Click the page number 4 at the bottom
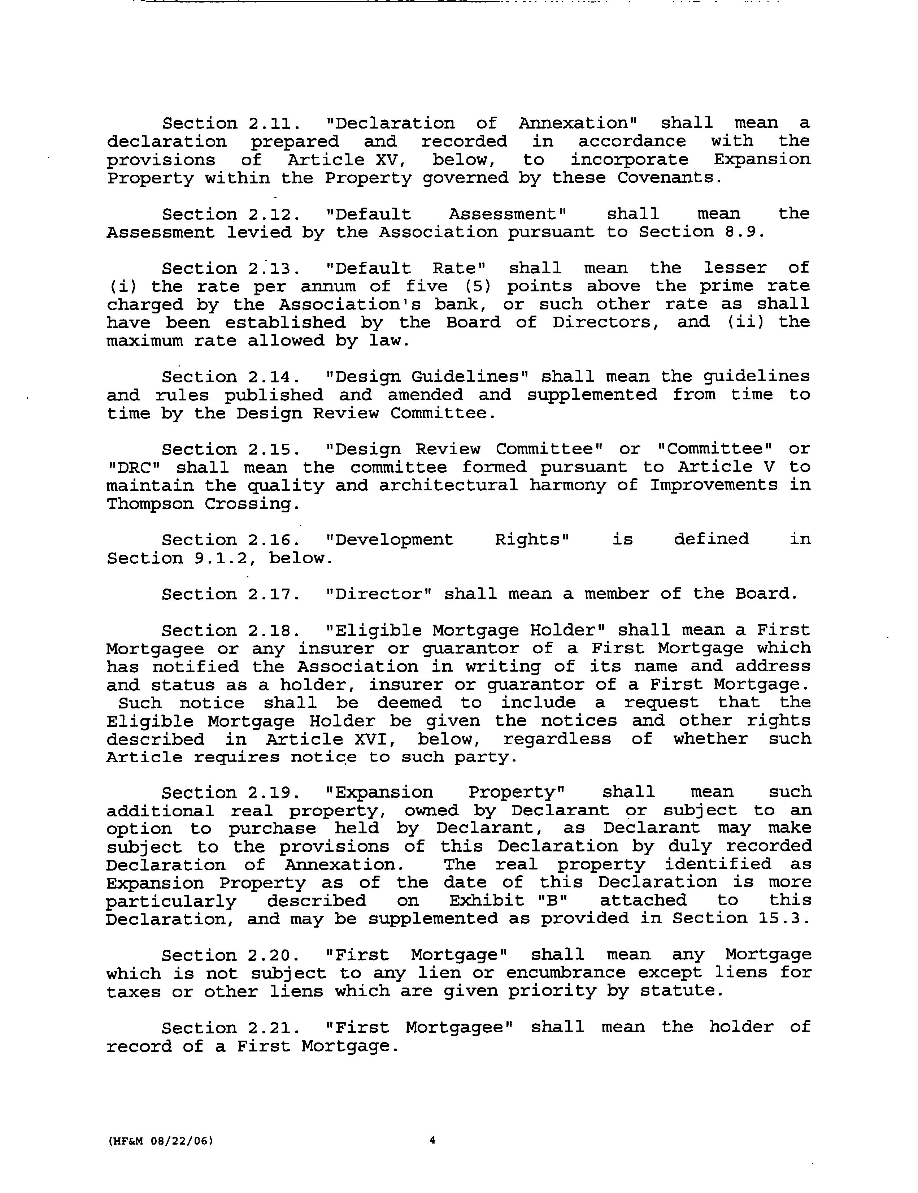point(432,1140)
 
